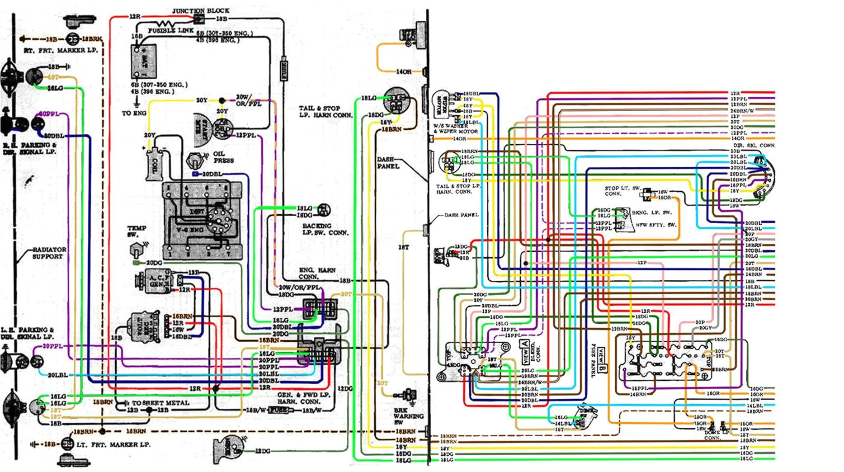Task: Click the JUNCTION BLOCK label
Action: point(200,10)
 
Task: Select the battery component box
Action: point(144,61)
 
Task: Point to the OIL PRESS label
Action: point(223,157)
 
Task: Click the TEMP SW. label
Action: point(137,231)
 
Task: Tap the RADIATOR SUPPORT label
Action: point(49,253)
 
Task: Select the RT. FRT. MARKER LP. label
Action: point(61,51)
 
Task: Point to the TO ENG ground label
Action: point(134,113)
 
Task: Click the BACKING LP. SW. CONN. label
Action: point(325,229)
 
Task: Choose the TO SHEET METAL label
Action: point(160,403)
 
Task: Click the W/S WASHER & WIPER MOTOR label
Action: point(455,128)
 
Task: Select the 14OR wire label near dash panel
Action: point(404,72)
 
